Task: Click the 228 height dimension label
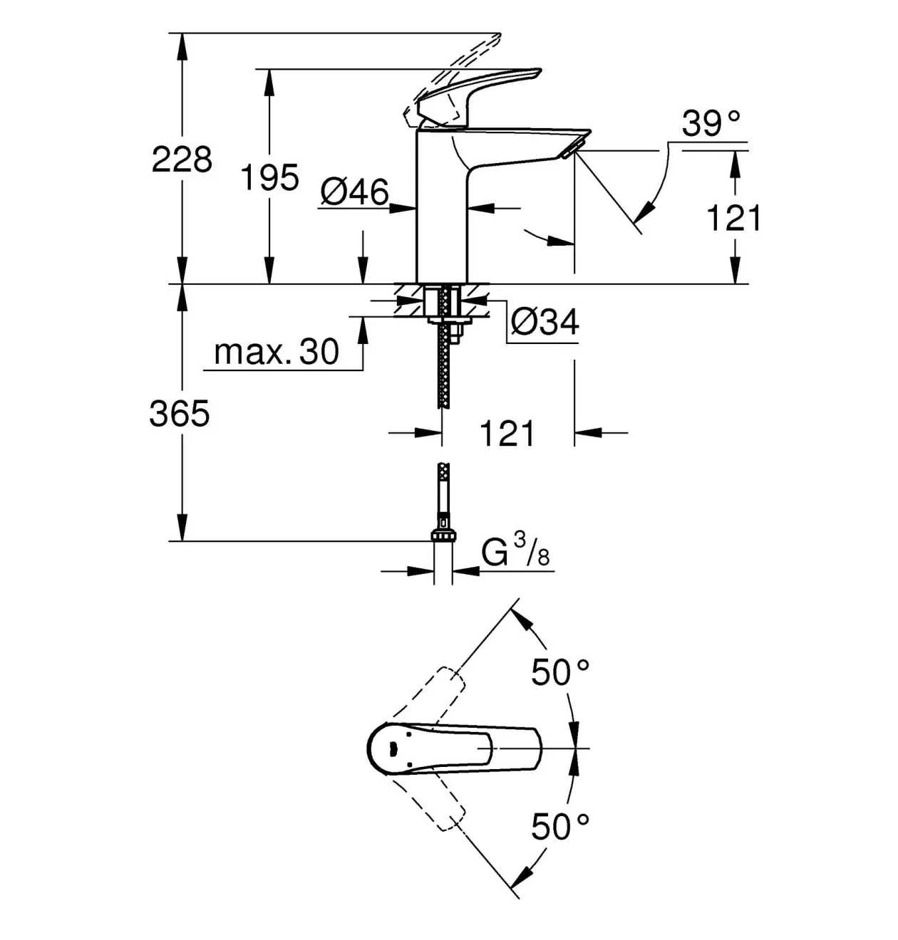(x=182, y=160)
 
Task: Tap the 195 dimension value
(x=269, y=177)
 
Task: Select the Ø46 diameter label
(x=355, y=193)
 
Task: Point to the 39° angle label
(x=711, y=123)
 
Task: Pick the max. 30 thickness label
(x=277, y=352)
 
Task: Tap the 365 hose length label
(x=180, y=413)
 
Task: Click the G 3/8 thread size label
(x=515, y=550)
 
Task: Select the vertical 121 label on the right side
(x=733, y=219)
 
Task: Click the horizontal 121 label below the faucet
(x=507, y=434)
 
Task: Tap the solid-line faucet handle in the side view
(x=479, y=98)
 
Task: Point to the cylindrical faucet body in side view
(x=442, y=207)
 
